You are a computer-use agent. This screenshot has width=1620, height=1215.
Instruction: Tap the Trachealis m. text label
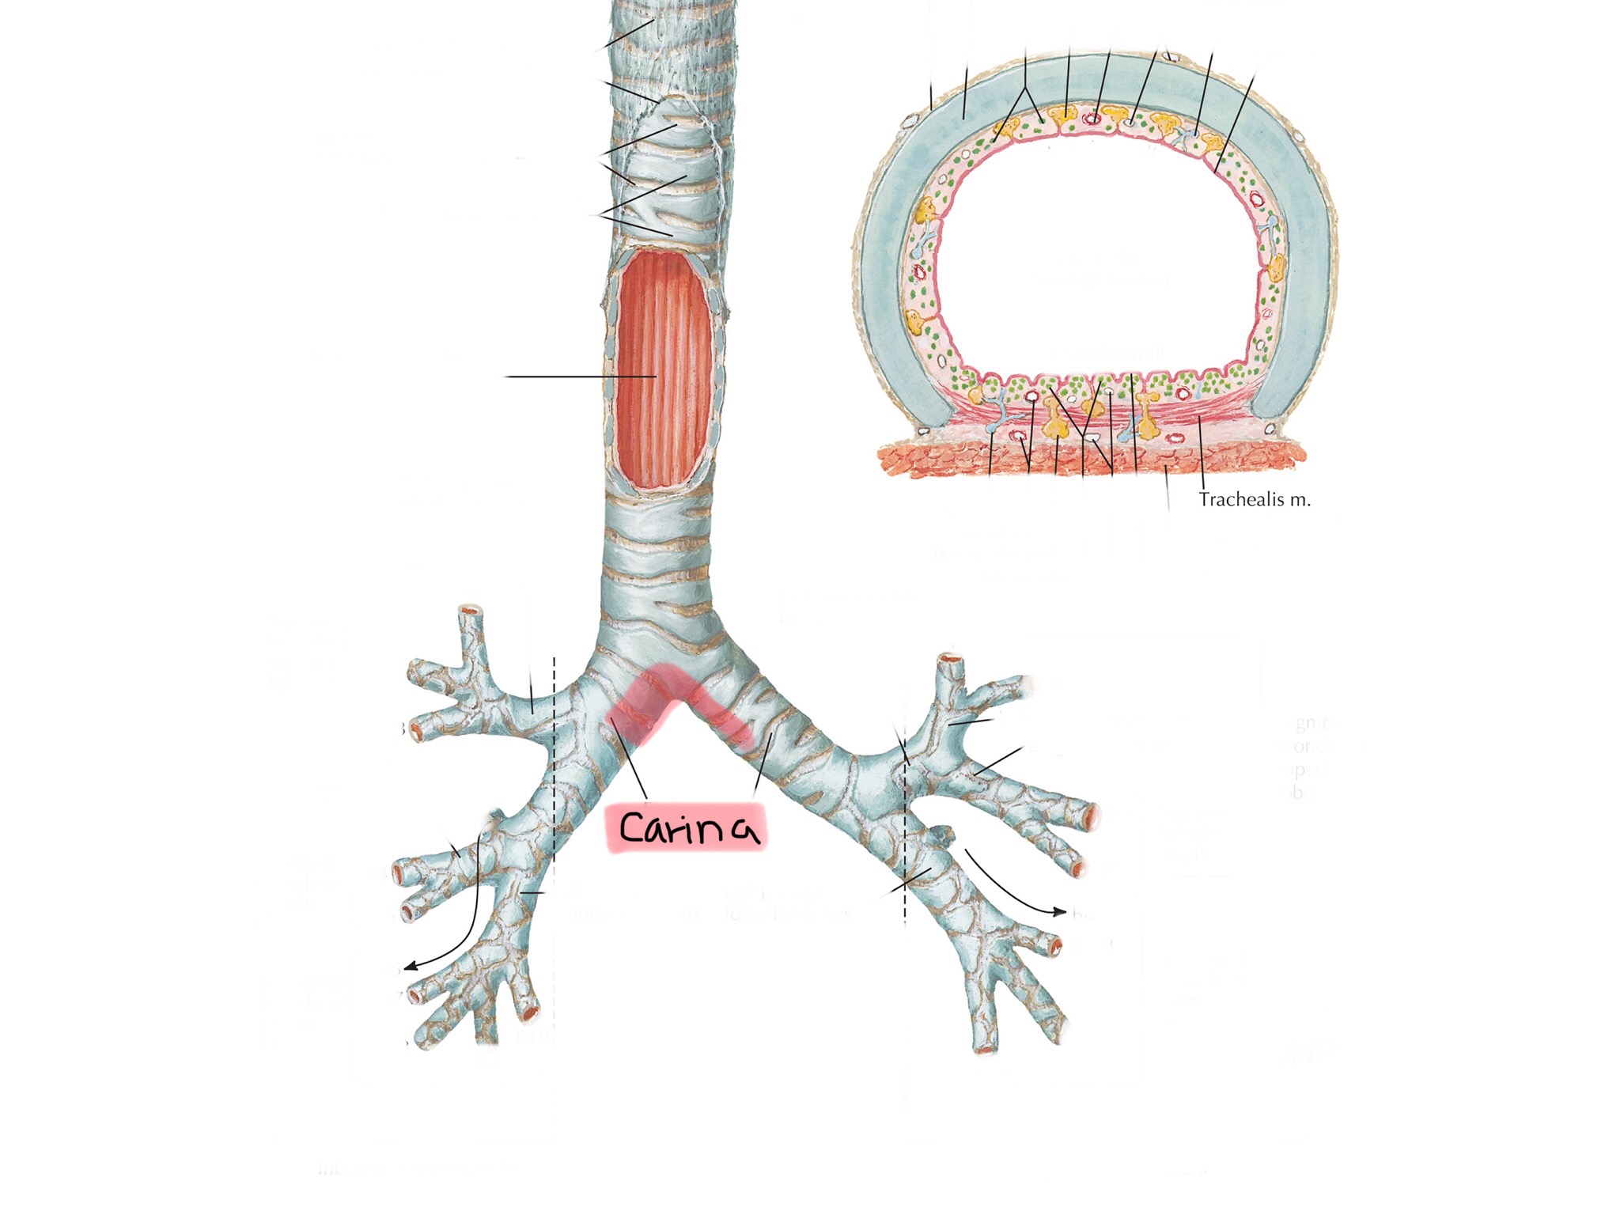click(x=1255, y=500)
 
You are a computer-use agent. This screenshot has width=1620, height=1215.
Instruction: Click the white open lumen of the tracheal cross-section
click(x=1096, y=253)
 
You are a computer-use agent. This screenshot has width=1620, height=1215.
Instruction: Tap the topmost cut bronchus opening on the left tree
click(x=471, y=611)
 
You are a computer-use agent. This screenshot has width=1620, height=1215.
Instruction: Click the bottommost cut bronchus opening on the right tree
click(x=985, y=1049)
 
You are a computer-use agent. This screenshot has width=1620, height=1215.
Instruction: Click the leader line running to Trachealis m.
click(x=1201, y=455)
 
